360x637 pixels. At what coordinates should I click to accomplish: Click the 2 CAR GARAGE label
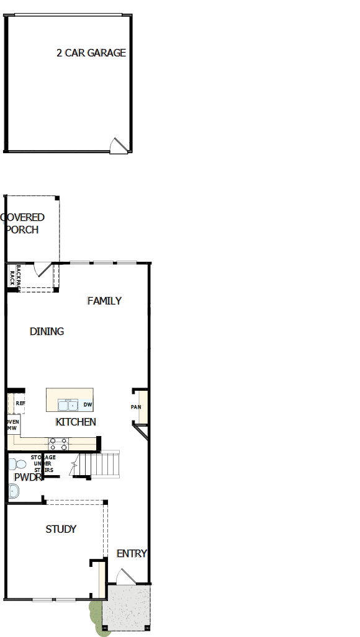point(91,53)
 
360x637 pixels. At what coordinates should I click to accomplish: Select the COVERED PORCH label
point(24,223)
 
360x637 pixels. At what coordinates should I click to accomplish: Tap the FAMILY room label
point(104,301)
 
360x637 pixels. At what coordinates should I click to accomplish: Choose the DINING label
point(47,331)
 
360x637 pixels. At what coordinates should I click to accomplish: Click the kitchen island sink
point(65,405)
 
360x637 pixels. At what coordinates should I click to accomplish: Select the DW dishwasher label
point(87,405)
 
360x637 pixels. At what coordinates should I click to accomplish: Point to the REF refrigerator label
point(20,403)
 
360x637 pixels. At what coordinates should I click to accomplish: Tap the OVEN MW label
point(12,425)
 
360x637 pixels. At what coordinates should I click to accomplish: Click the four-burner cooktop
point(58,443)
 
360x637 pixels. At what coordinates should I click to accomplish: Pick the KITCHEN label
point(76,422)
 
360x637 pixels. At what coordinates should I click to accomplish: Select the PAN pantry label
point(135,407)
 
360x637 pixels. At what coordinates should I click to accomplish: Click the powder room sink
point(13,491)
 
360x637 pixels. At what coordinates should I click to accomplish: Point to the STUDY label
point(61,529)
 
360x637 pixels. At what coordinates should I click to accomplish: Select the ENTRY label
point(132,553)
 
